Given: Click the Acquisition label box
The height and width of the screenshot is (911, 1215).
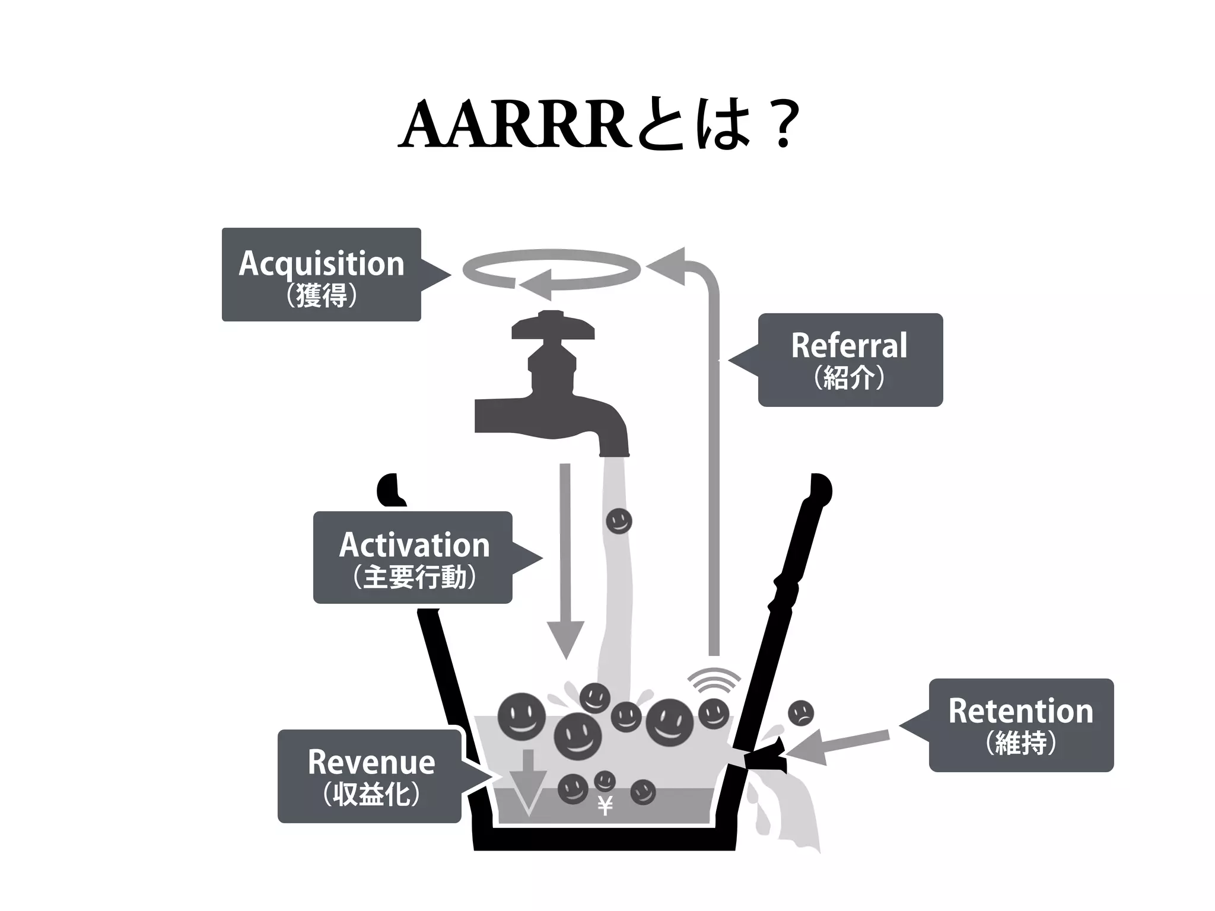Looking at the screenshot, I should (x=321, y=274).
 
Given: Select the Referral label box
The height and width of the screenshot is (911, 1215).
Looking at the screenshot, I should (x=850, y=359).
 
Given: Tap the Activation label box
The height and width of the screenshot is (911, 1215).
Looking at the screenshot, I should (x=413, y=557).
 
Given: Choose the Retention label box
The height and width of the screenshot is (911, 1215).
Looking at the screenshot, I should (x=1020, y=725).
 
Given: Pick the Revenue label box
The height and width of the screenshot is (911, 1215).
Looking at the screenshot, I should (x=370, y=776).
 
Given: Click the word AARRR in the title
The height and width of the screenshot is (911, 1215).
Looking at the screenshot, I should (x=514, y=126).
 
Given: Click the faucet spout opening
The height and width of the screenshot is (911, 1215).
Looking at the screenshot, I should (x=613, y=454).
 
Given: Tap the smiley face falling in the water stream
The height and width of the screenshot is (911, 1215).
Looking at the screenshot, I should (x=619, y=521).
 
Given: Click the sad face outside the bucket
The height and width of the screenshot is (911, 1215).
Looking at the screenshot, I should (x=800, y=713).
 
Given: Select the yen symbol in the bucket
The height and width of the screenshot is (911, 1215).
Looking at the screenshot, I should (x=605, y=806).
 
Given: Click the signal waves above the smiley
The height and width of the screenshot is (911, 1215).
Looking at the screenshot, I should (x=714, y=680).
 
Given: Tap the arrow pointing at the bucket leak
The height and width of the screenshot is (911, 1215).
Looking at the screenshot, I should (x=836, y=745).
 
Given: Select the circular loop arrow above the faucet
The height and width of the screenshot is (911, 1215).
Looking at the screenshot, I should (x=552, y=270).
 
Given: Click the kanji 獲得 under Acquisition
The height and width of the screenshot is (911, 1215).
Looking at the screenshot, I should (x=321, y=295).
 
